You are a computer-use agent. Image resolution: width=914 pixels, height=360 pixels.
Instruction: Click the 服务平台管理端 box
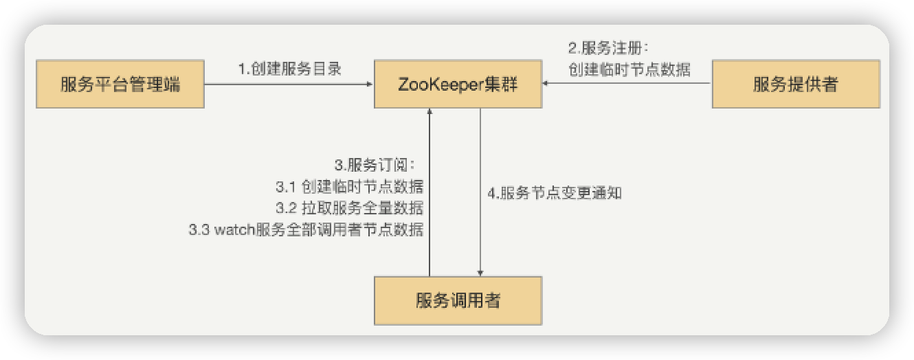[120, 85]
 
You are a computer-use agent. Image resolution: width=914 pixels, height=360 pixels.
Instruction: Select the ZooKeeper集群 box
[458, 85]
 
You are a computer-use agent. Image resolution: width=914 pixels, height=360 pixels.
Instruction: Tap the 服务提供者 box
[796, 85]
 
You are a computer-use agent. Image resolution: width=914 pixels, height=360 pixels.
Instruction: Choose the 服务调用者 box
[458, 300]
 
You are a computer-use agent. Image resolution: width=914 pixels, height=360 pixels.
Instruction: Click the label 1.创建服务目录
[290, 69]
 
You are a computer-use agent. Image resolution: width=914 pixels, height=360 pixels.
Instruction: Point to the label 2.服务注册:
[608, 48]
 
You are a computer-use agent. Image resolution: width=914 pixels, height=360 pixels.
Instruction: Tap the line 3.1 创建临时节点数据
[348, 187]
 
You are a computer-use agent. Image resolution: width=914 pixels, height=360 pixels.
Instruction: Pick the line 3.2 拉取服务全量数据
[348, 208]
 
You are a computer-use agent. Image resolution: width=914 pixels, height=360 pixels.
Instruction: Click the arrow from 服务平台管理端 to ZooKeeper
[289, 85]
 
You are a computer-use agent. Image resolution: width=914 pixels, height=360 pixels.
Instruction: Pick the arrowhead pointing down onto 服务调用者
[480, 272]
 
